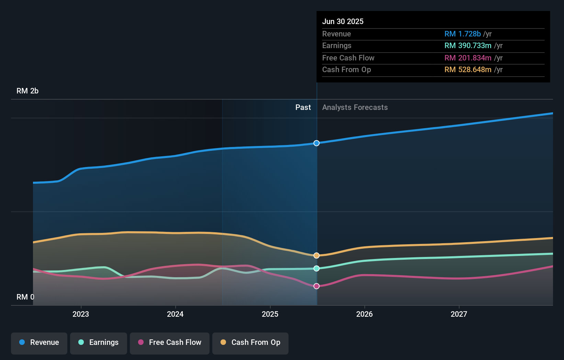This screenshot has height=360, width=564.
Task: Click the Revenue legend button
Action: pyautogui.click(x=39, y=343)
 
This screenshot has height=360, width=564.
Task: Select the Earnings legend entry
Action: pyautogui.click(x=99, y=343)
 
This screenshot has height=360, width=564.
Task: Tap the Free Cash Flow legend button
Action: pyautogui.click(x=170, y=343)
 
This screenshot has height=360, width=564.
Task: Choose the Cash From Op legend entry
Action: pyautogui.click(x=250, y=343)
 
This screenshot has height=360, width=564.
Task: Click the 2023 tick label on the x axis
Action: pyautogui.click(x=81, y=314)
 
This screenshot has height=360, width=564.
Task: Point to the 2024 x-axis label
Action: pyautogui.click(x=175, y=314)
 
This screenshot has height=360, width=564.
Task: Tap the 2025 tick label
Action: pyautogui.click(x=270, y=314)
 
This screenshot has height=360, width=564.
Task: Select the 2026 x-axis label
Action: pyautogui.click(x=364, y=314)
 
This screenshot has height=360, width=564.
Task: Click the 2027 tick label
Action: pyautogui.click(x=459, y=314)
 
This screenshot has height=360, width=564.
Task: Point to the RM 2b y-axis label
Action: pyautogui.click(x=27, y=91)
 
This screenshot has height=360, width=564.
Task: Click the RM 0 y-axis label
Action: pyautogui.click(x=25, y=297)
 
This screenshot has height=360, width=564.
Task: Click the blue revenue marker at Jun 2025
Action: pyautogui.click(x=317, y=143)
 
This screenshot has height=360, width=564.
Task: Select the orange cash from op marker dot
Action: pyautogui.click(x=317, y=256)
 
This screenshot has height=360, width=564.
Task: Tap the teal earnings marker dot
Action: pyautogui.click(x=317, y=268)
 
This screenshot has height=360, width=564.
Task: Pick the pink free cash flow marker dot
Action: pyautogui.click(x=317, y=286)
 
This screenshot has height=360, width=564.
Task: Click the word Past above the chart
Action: pyautogui.click(x=303, y=108)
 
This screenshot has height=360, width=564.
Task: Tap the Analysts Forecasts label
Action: pyautogui.click(x=355, y=108)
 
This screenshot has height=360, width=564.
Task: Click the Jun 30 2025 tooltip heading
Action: pyautogui.click(x=343, y=22)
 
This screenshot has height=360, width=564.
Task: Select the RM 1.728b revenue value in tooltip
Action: pyautogui.click(x=462, y=34)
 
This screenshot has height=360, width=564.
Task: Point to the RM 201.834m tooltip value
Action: pyautogui.click(x=468, y=58)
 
